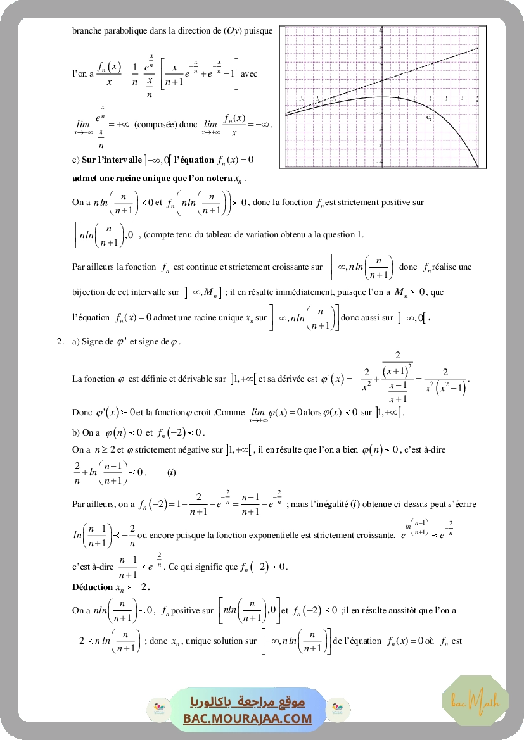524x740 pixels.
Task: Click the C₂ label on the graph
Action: [x=429, y=118]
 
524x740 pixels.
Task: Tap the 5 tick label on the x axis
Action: [x=463, y=101]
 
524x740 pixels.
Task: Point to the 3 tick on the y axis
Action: [x=380, y=47]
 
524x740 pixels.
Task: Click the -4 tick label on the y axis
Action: [x=380, y=162]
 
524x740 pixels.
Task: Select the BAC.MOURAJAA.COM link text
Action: [x=248, y=718]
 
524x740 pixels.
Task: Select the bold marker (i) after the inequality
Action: [x=172, y=473]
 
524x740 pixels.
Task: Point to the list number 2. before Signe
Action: [x=60, y=342]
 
